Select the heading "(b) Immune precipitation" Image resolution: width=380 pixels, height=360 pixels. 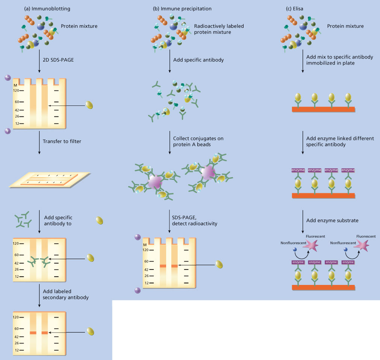tap(182, 8)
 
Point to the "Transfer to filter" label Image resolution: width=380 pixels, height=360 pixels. tap(65, 141)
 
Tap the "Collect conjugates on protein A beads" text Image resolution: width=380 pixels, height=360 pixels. tap(198, 142)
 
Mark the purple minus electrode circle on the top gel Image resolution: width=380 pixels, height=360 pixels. tap(8, 78)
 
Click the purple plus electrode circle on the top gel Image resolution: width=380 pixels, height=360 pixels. tap(8, 131)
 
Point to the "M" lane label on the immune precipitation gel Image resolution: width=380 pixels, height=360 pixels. tap(144, 245)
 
